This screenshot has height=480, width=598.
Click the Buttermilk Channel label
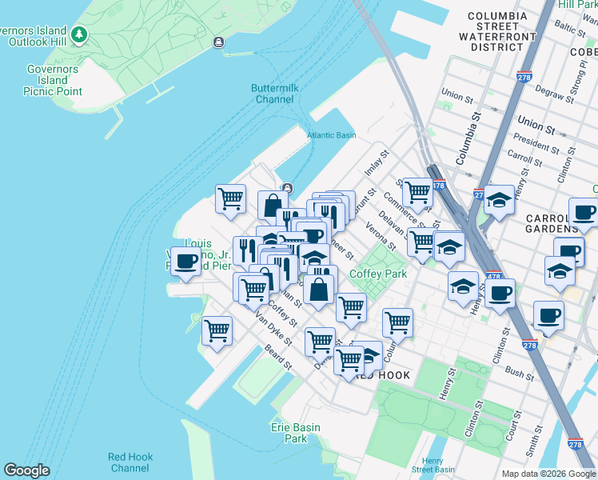(x=273, y=94)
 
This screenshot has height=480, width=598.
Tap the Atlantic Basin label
(x=332, y=135)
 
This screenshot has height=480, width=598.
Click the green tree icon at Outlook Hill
(x=78, y=34)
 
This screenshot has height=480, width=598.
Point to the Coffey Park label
(x=378, y=274)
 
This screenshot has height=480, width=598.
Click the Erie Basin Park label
(x=295, y=434)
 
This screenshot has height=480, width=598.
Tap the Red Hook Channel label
(x=129, y=462)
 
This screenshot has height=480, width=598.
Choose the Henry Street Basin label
(x=433, y=466)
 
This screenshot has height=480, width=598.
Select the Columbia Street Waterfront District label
(x=497, y=31)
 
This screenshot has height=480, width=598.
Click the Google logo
(x=26, y=470)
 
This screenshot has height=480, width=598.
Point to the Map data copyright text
(x=548, y=474)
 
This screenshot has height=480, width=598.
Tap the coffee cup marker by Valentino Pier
(x=185, y=262)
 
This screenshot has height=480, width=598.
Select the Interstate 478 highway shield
(x=438, y=186)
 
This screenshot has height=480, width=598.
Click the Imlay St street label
(x=375, y=163)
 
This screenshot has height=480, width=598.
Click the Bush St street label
(x=520, y=374)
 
